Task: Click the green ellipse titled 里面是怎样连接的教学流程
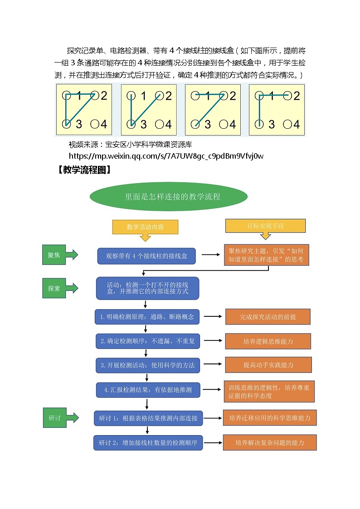[169, 197]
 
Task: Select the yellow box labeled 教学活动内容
[145, 227]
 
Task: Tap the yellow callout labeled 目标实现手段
[265, 226]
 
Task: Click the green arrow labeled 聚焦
[59, 255]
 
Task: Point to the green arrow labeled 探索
[59, 288]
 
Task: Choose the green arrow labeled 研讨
[59, 417]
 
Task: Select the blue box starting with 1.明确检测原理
[147, 317]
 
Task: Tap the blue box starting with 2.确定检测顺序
[147, 341]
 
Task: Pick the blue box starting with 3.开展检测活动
[147, 365]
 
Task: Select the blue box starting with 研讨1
[148, 418]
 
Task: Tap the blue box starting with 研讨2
[148, 442]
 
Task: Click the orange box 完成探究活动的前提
[268, 317]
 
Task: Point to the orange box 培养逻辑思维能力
[268, 341]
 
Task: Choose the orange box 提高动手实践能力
[268, 365]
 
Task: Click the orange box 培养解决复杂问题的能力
[269, 442]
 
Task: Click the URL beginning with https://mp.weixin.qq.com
[166, 156]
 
